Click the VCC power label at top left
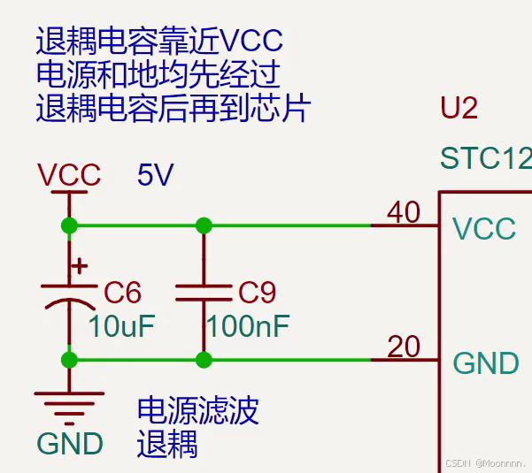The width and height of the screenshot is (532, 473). click(x=69, y=175)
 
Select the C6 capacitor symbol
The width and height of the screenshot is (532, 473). click(x=69, y=294)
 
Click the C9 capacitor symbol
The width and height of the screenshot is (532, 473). click(x=204, y=293)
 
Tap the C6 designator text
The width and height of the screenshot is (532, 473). click(x=122, y=292)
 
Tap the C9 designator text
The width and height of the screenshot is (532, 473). click(x=258, y=292)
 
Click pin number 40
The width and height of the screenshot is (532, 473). click(x=404, y=212)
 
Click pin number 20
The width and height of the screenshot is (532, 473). click(x=404, y=347)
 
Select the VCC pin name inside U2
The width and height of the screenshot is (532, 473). click(x=484, y=229)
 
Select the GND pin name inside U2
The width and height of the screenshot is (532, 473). click(x=486, y=363)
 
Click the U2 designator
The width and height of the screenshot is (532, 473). click(x=459, y=108)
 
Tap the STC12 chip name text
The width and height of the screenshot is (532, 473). click(x=485, y=159)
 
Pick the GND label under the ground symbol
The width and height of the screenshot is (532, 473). click(x=70, y=443)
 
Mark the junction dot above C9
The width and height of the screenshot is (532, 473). click(x=204, y=225)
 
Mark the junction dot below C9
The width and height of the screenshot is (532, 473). click(x=204, y=360)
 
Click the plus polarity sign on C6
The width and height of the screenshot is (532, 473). click(x=80, y=265)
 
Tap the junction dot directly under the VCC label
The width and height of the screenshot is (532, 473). click(x=69, y=225)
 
